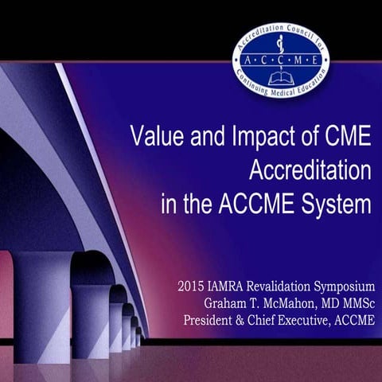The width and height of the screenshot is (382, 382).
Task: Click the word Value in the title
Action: click(154, 138)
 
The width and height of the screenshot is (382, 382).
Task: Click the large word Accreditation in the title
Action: click(310, 170)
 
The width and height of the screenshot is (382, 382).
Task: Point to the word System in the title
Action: click(334, 204)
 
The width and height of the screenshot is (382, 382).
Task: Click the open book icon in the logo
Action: click(280, 79)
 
